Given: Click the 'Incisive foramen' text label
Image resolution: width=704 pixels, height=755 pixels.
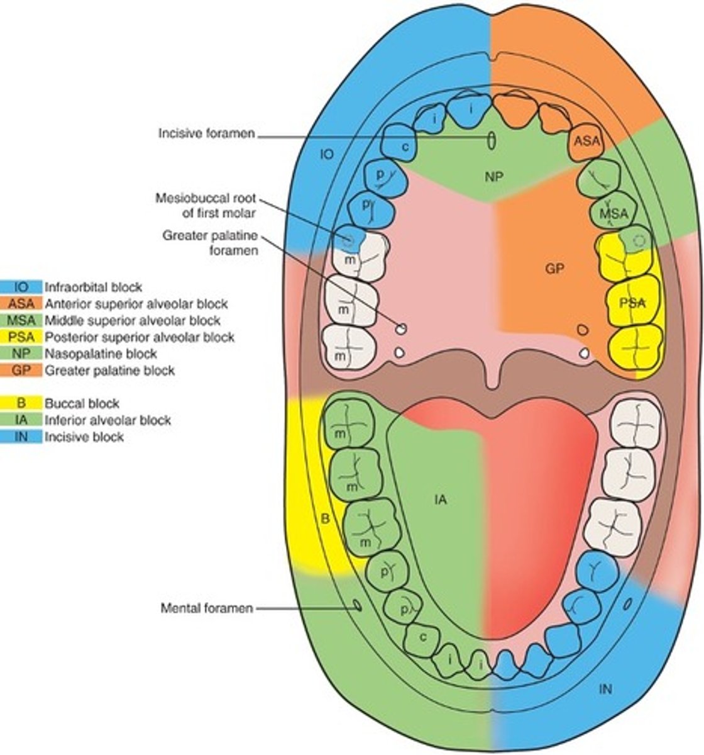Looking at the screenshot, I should pyautogui.click(x=206, y=133).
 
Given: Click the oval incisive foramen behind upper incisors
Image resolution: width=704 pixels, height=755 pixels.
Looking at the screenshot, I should pyautogui.click(x=491, y=141).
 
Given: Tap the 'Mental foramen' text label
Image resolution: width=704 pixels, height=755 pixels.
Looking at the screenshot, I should pyautogui.click(x=207, y=608).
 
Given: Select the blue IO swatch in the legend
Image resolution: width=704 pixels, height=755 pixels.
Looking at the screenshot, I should pyautogui.click(x=21, y=287).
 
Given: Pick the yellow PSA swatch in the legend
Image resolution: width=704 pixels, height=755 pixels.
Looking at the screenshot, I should pyautogui.click(x=21, y=337).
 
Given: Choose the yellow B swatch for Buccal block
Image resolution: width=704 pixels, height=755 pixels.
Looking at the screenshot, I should pyautogui.click(x=21, y=403).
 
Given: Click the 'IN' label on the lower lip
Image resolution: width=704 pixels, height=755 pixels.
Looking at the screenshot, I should pyautogui.click(x=605, y=689).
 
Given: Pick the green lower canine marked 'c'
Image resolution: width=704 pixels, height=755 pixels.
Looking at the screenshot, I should pyautogui.click(x=423, y=637).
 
